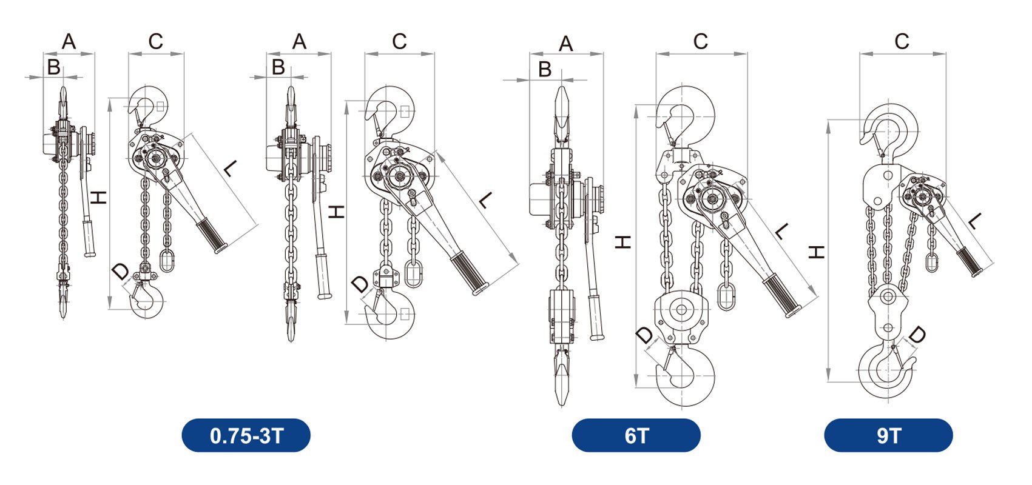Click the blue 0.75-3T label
click(x=246, y=435)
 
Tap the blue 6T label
click(x=636, y=435)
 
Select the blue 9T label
click(x=888, y=435)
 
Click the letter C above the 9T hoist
click(x=902, y=41)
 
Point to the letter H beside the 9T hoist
click(x=817, y=252)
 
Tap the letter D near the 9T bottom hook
click(x=917, y=335)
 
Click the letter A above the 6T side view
click(x=565, y=44)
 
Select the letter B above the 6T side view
click(x=544, y=70)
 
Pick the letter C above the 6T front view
click(x=700, y=41)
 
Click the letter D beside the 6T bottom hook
click(x=644, y=335)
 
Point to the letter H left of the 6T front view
click(x=623, y=242)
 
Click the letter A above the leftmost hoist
click(x=69, y=42)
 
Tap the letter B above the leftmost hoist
click(x=53, y=67)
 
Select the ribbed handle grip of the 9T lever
click(x=970, y=261)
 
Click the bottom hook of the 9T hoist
click(x=887, y=370)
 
